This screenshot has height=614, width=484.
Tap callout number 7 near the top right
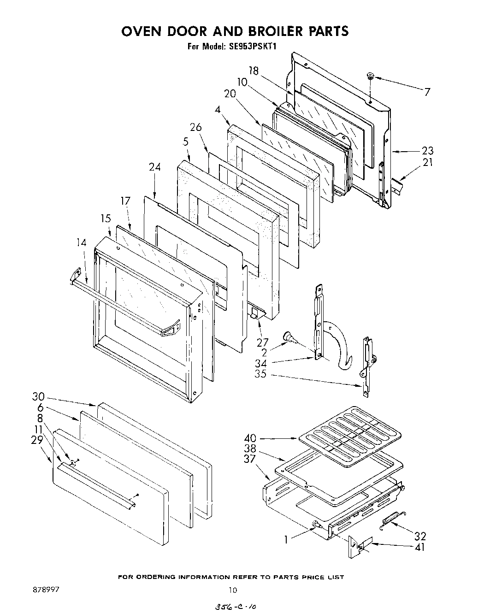427,92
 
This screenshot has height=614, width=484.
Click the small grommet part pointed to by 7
370,76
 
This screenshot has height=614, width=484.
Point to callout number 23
427,151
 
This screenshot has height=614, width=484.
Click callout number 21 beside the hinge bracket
427,162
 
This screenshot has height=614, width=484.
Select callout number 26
196,127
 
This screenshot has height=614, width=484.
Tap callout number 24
154,167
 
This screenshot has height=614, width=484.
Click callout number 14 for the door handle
81,242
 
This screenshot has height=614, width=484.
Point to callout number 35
260,374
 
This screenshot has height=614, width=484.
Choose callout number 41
419,547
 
